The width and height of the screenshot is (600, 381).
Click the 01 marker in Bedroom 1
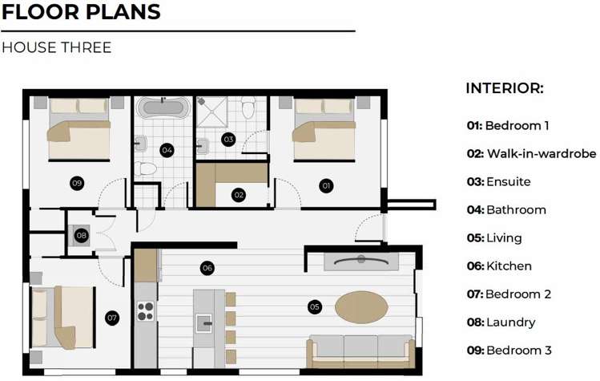pos(326,185)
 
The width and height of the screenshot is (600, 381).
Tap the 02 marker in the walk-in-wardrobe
pos(239,194)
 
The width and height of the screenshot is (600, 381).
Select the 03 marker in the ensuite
pos(228,139)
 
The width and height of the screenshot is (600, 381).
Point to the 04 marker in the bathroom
pos(167,149)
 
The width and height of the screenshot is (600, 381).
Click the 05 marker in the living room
pos(314,306)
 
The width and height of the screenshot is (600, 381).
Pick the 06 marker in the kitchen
pos(207,267)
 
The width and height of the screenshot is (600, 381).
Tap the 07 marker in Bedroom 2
pos(112,318)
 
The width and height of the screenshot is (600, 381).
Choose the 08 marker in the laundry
pos(81,236)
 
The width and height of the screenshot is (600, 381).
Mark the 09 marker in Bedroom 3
pos(77,184)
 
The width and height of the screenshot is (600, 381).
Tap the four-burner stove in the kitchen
pos(145,310)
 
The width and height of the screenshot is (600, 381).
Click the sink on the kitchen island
pos(204,324)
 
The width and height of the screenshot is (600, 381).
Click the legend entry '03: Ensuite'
pos(498,182)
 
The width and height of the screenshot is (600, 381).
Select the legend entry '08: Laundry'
pos(501,322)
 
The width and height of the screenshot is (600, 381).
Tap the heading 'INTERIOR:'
pos(505,88)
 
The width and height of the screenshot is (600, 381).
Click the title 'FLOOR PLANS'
pos(81,13)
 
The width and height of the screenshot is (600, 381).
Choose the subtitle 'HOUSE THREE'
pos(56,47)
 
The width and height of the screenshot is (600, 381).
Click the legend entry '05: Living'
pos(494,238)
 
